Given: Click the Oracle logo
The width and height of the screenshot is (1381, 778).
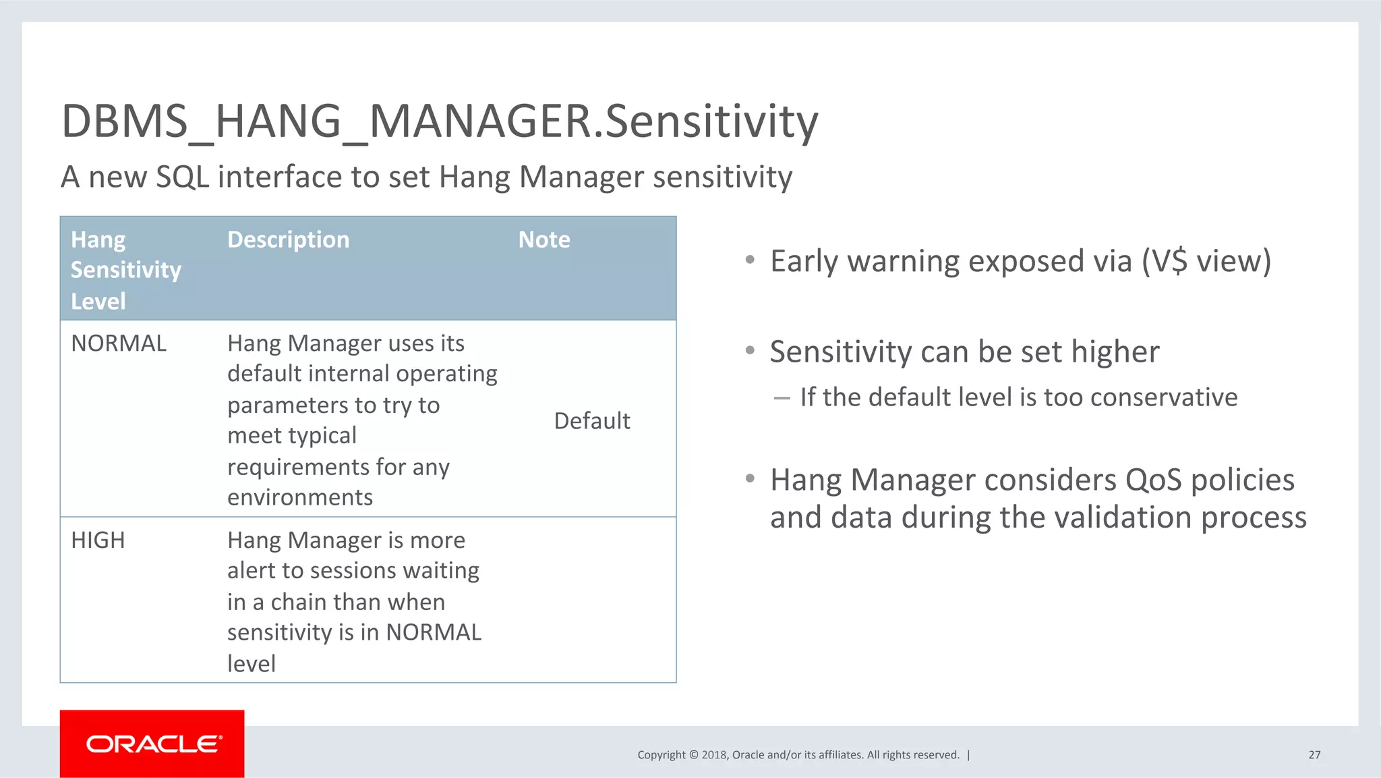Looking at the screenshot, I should pos(153,744).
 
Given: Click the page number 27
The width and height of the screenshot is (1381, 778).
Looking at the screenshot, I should pos(1314,754).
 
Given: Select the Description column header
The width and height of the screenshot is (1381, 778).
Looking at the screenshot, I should pos(288,240).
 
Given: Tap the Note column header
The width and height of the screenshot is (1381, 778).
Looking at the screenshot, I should pos(543,240).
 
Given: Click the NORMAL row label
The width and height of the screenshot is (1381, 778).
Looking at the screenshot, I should pos(119,343).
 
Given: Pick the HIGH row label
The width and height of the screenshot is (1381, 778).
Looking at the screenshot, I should pos(98,540).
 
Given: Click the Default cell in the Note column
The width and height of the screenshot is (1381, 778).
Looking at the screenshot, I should pos(591,421).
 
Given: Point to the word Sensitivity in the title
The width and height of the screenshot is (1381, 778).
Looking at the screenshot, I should pos(711,121).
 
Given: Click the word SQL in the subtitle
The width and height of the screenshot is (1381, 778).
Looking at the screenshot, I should pos(182,177).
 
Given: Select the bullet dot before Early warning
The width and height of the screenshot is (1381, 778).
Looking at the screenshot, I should pos(750,260).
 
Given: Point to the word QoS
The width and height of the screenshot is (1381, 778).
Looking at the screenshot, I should pos(1153,480).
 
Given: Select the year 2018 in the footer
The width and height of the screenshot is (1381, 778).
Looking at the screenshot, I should pos(714,755).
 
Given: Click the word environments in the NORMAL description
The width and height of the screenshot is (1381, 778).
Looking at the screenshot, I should pos(299,497).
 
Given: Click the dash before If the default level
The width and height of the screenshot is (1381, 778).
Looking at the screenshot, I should pos(782,398).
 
